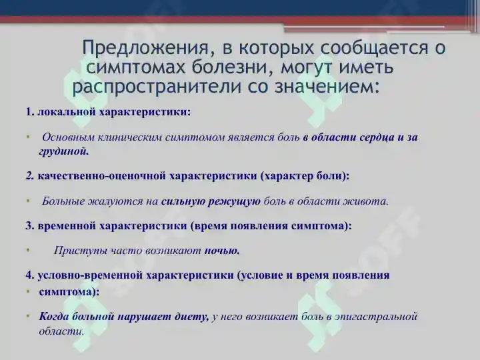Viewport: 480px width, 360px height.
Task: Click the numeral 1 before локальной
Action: (x=29, y=111)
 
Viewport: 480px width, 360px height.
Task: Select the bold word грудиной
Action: (x=63, y=151)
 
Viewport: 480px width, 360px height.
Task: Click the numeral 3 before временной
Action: (x=29, y=225)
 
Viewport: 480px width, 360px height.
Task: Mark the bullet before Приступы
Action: (x=29, y=251)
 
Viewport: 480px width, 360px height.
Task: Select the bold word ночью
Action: (x=222, y=251)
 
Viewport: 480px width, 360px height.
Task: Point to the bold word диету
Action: (x=193, y=316)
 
